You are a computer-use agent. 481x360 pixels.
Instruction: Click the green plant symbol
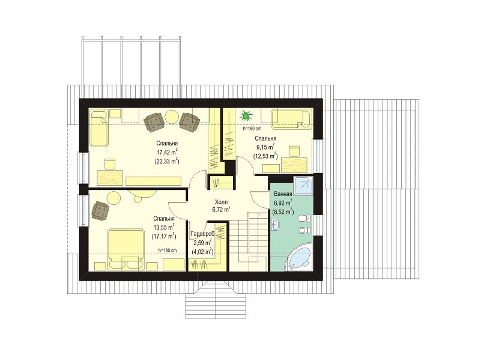pyautogui.click(x=246, y=116)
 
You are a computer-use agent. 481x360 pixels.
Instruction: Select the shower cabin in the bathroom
pyautogui.click(x=303, y=186)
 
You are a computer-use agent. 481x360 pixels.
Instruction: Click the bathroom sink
pyautogui.click(x=275, y=225)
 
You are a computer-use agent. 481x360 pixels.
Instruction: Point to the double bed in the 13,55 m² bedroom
pyautogui.click(x=126, y=249)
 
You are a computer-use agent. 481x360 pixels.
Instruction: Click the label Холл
pyautogui.click(x=221, y=202)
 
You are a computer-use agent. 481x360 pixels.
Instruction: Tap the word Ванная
pyautogui.click(x=283, y=194)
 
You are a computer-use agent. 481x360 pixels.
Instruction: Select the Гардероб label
pyautogui.click(x=202, y=234)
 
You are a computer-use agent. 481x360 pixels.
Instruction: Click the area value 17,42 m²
pyautogui.click(x=167, y=152)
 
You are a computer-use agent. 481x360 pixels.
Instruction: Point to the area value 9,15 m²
pyautogui.click(x=265, y=147)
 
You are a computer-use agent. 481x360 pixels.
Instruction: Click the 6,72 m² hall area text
pyautogui.click(x=221, y=210)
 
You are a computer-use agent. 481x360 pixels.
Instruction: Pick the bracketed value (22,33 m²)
pyautogui.click(x=167, y=161)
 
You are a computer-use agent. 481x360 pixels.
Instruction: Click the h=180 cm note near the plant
pyautogui.click(x=252, y=129)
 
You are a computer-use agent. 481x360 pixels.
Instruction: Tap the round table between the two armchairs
pyautogui.click(x=172, y=117)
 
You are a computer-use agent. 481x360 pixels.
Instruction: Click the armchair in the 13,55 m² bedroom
pyautogui.click(x=101, y=210)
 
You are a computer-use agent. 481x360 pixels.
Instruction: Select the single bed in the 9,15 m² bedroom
pyautogui.click(x=291, y=119)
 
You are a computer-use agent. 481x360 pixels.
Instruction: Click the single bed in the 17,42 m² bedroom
pyautogui.click(x=99, y=128)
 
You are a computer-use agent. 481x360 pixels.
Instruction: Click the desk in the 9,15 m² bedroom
pyautogui.click(x=294, y=165)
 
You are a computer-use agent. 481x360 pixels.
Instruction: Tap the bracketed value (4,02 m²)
pyautogui.click(x=202, y=252)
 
